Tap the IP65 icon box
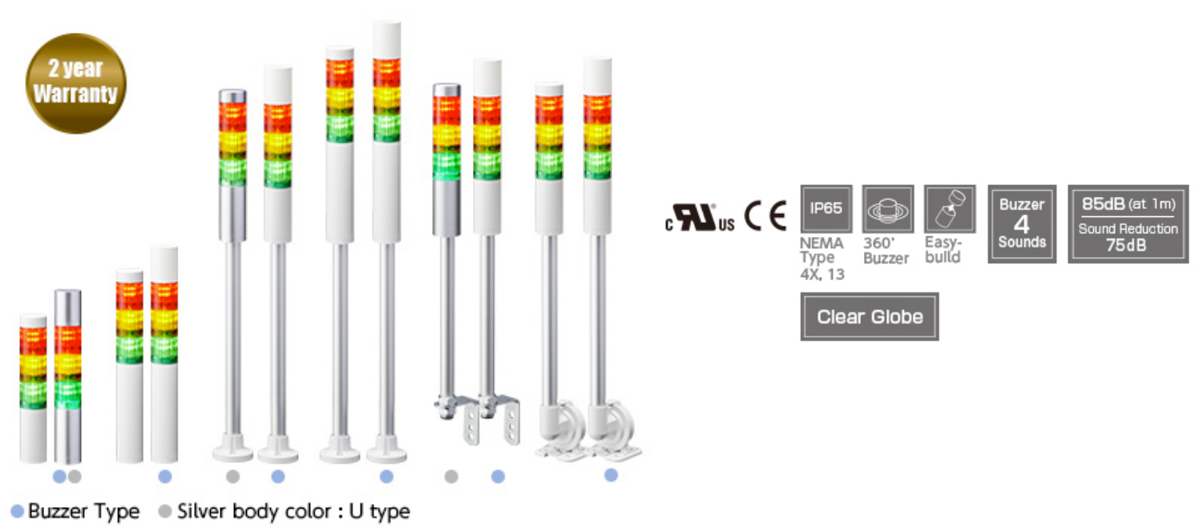click(826, 208)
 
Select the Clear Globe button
click(870, 316)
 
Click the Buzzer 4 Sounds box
click(1022, 224)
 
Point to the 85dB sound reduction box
click(1128, 224)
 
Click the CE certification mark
click(765, 216)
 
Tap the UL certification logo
click(700, 218)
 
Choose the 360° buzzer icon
click(887, 208)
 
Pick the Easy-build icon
click(950, 208)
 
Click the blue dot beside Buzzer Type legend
click(17, 511)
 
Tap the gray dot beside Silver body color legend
click(166, 511)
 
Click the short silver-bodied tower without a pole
click(68, 376)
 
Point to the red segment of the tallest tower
click(386, 72)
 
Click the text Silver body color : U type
click(293, 511)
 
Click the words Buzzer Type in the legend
click(83, 511)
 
